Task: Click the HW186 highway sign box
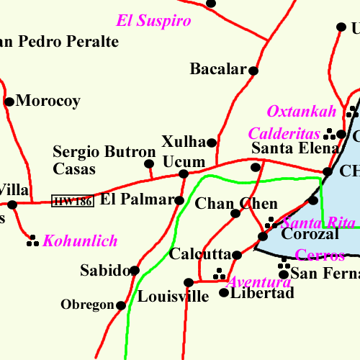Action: (73, 202)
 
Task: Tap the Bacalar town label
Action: (218, 69)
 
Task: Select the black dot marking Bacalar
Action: (253, 71)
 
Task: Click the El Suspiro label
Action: (153, 21)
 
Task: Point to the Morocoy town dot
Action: (9, 102)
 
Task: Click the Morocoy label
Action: (48, 102)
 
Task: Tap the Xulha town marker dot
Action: (212, 143)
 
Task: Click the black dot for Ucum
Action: (184, 174)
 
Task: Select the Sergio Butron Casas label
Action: (104, 161)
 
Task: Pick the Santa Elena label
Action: (294, 148)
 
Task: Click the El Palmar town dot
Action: (180, 200)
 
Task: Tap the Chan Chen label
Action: (236, 203)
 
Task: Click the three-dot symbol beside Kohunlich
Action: (32, 241)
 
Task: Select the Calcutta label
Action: (200, 253)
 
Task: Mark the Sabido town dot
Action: (135, 271)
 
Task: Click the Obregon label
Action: (87, 305)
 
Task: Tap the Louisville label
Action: (173, 296)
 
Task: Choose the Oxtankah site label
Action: (302, 112)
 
